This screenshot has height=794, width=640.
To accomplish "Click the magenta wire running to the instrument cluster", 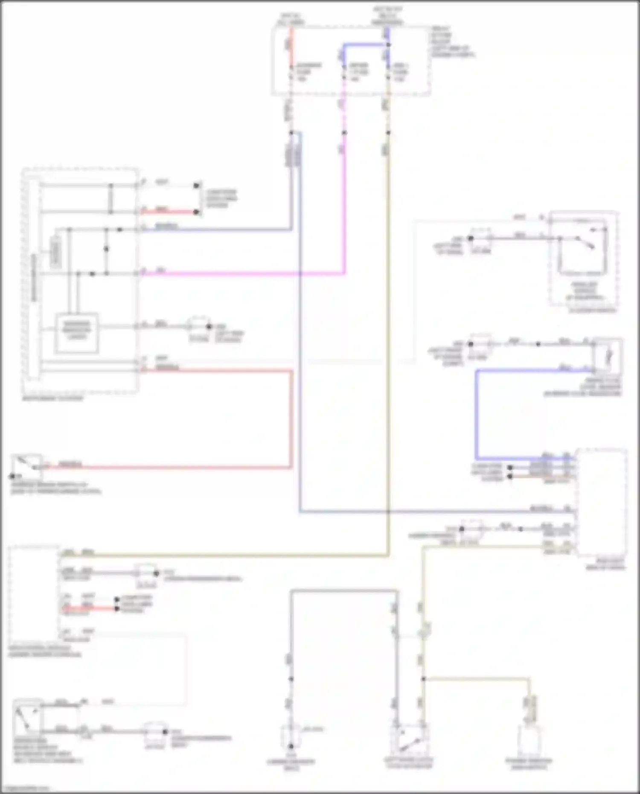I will tap(243, 273).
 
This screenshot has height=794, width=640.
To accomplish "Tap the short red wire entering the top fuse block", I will tap(291, 45).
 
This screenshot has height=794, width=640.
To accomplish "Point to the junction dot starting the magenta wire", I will tap(344, 133).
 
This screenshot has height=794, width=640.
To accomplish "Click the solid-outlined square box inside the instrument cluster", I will tap(76, 333).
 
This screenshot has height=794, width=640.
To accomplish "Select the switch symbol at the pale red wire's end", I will tap(26, 467).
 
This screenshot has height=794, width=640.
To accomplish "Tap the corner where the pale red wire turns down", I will tap(292, 371).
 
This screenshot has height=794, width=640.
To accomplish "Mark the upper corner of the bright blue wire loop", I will tap(477, 371).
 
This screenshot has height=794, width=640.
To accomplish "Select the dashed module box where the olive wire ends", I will tap(33, 593).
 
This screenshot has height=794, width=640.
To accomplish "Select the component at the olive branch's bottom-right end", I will tap(529, 740).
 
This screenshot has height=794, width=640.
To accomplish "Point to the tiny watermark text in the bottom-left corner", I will tap(26, 788).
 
